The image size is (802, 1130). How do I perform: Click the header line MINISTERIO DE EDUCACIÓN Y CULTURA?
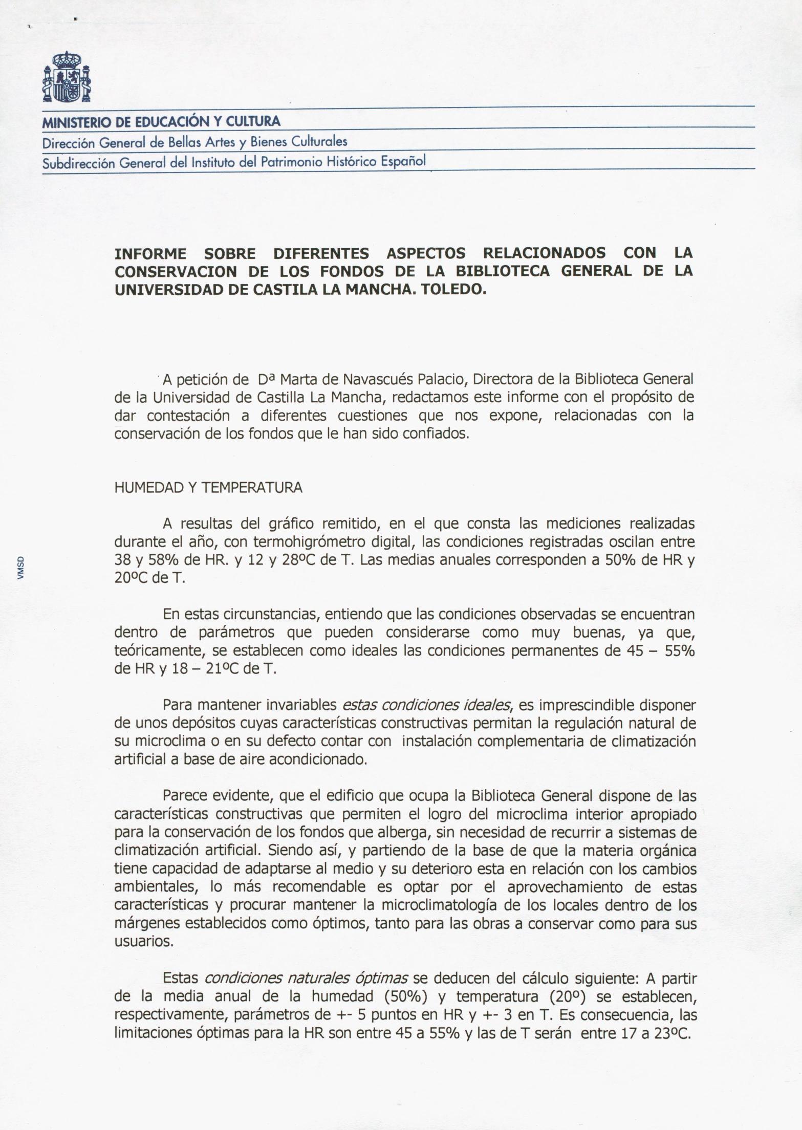(x=161, y=122)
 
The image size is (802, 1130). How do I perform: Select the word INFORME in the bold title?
(x=150, y=253)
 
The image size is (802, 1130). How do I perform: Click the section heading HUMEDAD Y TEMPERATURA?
(x=208, y=488)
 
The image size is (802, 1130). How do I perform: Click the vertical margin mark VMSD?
(x=20, y=568)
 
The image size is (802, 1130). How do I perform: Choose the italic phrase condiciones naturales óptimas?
(x=306, y=979)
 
